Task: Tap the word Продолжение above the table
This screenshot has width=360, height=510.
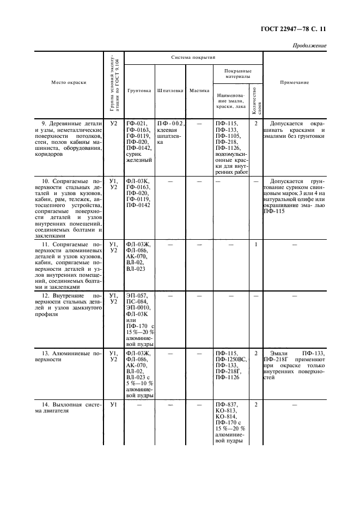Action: coord(309,46)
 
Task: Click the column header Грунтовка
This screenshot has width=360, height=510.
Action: coord(139,90)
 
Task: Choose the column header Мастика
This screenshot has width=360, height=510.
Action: coord(199,90)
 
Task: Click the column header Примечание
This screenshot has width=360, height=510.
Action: coord(294,82)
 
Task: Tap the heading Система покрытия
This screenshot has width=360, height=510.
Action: coord(193,57)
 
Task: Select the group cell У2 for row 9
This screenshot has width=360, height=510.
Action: coord(113,124)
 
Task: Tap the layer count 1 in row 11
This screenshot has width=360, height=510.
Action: coord(255,245)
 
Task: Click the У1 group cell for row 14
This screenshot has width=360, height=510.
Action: coord(113,404)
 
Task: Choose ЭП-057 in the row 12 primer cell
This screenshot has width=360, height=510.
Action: coord(137,296)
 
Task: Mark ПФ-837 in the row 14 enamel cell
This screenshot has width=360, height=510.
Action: coord(226,404)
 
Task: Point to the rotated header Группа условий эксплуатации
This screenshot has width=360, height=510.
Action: coord(113,82)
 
